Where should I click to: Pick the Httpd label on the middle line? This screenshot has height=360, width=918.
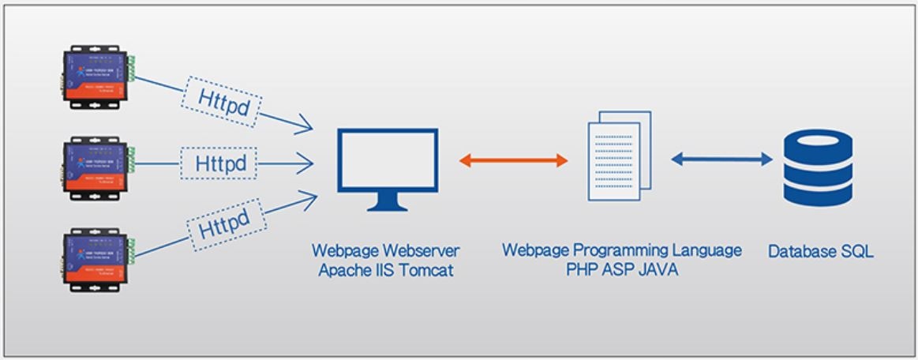coord(220,164)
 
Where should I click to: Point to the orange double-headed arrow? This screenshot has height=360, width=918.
coord(513,160)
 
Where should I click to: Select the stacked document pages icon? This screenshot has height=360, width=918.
coord(620,155)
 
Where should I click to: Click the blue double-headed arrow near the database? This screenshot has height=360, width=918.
coord(721,159)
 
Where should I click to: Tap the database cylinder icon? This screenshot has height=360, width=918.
coord(819,169)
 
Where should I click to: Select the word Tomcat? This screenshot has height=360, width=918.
coord(429,270)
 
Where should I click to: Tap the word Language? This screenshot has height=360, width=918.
coord(704,250)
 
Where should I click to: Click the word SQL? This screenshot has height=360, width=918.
coord(856,253)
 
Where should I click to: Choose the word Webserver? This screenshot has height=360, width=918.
coord(418,251)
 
